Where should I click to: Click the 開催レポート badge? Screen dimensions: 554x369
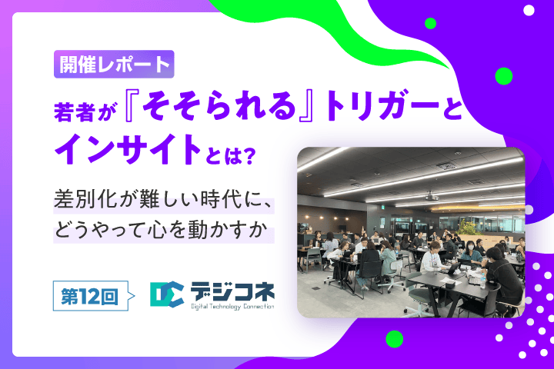pos(114,65)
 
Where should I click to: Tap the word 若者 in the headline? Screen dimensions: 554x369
pos(74,112)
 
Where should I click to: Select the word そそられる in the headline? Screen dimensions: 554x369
pos(219,105)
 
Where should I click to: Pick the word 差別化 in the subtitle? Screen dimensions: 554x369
pos(85,200)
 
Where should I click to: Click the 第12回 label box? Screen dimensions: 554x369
pos(91,296)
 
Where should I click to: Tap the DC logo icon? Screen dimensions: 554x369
pos(167,294)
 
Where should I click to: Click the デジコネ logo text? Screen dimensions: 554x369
pos(232,291)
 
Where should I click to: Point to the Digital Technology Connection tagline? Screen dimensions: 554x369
pos(232,307)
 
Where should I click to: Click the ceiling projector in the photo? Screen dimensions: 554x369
pos(431,197)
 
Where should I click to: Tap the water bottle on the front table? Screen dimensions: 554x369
pos(482,280)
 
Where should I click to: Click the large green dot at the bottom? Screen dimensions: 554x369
pos(394,339)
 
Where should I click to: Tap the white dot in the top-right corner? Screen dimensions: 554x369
pos(529,10)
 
